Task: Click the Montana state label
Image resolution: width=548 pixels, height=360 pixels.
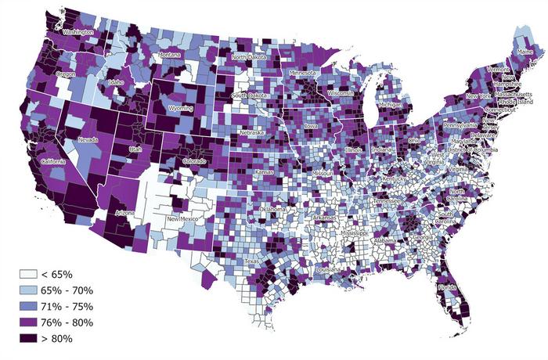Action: point(169,55)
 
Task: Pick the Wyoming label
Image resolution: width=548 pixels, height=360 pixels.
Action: point(179,107)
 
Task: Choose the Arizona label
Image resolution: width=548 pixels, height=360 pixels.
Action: point(125,213)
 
